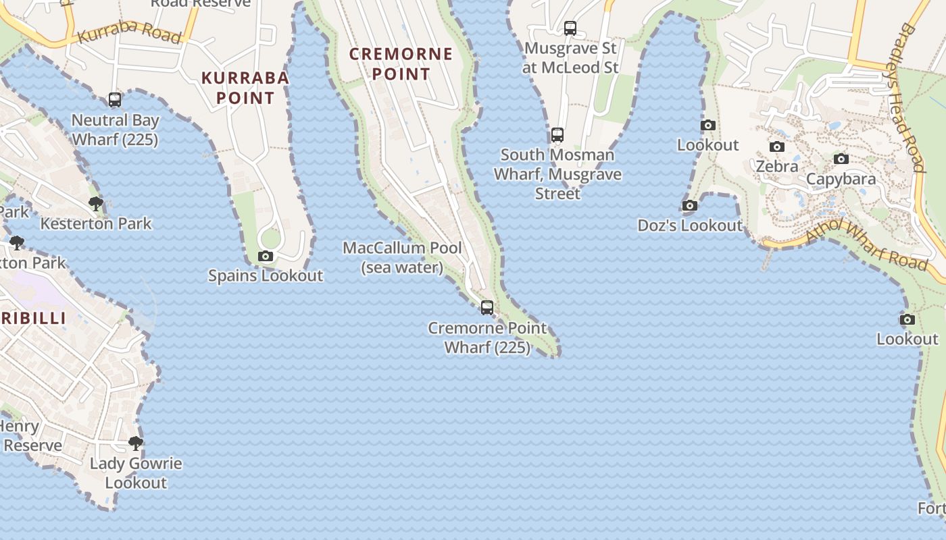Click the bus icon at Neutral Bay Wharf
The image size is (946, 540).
click(x=115, y=101)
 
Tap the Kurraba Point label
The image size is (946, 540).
click(x=245, y=88)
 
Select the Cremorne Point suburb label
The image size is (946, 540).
click(x=401, y=63)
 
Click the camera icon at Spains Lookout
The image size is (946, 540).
click(x=266, y=256)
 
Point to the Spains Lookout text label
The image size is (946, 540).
click(x=266, y=275)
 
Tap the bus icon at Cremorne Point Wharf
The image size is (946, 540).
click(x=487, y=308)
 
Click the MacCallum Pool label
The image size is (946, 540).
click(x=403, y=257)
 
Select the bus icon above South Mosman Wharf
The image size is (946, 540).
click(x=557, y=135)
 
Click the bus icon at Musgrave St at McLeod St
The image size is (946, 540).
click(x=570, y=28)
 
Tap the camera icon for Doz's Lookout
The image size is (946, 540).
click(x=690, y=206)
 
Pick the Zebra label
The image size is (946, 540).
click(x=777, y=166)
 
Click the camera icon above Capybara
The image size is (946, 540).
click(x=841, y=159)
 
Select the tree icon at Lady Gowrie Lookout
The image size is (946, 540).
click(x=136, y=443)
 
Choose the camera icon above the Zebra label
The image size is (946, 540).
click(x=777, y=147)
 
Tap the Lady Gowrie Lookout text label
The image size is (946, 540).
click(x=136, y=473)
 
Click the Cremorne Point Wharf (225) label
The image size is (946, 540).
click(x=487, y=337)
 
